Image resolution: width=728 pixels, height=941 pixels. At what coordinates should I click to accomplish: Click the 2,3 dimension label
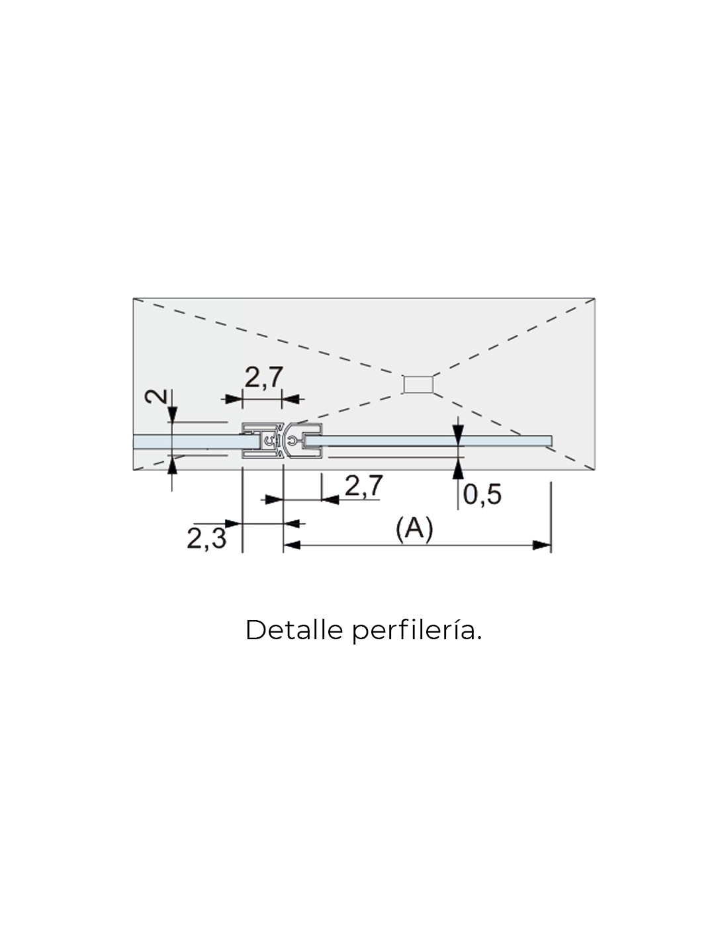[206, 539]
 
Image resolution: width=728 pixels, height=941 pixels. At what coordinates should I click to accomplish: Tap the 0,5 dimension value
[482, 494]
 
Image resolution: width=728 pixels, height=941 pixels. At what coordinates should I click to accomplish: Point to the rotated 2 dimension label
[156, 396]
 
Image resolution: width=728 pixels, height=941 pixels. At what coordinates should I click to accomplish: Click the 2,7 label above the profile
[264, 377]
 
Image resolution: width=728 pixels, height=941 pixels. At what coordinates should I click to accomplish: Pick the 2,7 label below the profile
[364, 485]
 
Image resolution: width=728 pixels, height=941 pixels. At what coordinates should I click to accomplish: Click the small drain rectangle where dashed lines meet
[418, 384]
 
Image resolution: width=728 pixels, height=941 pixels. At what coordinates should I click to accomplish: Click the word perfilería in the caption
[417, 632]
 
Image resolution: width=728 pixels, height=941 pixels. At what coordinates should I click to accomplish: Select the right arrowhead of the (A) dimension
[542, 545]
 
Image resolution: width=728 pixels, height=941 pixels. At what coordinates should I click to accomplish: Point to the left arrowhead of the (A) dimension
[293, 545]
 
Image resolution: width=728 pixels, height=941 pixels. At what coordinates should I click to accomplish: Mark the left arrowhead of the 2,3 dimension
[234, 523]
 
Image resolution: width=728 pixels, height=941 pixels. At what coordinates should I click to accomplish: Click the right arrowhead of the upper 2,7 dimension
[291, 399]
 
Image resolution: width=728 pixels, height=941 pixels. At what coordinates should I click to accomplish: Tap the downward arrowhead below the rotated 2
[172, 414]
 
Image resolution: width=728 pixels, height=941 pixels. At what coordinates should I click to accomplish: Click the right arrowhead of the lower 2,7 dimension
[331, 500]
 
